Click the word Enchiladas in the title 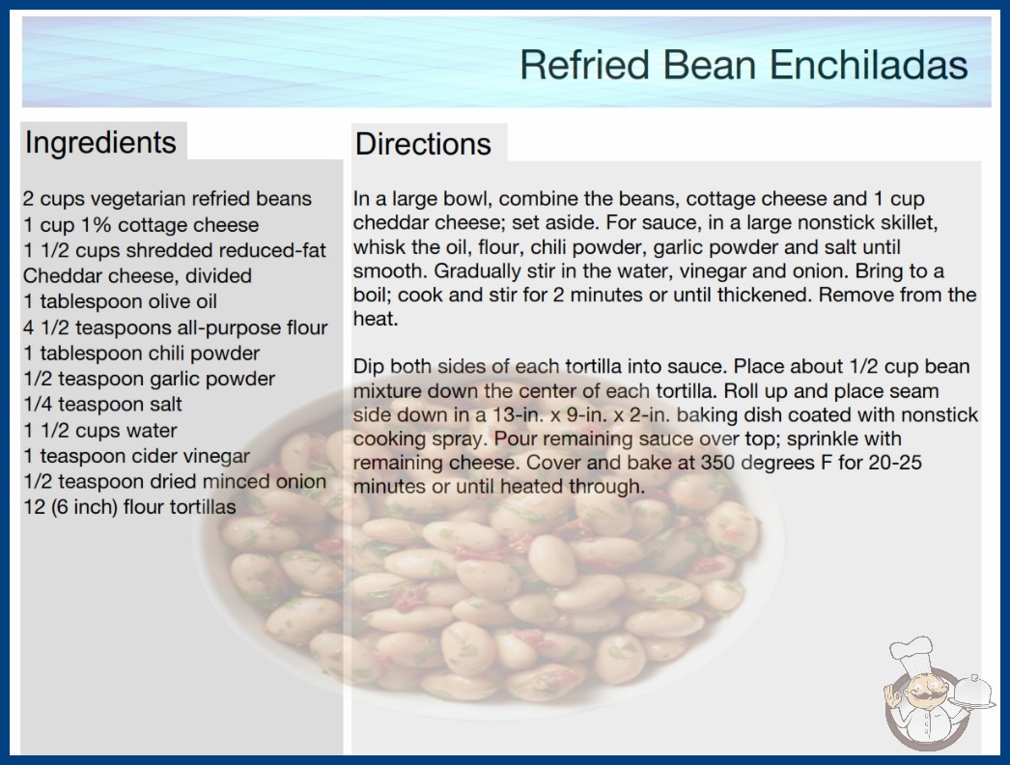pos(868,65)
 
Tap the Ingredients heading pos(100,142)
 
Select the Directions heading pos(423,144)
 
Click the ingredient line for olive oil pos(120,301)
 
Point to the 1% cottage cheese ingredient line pos(141,224)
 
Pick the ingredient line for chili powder pos(141,353)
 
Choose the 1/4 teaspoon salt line pos(102,404)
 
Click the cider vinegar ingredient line pos(136,456)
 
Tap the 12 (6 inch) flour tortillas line pos(129,506)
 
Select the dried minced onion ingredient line pos(175,481)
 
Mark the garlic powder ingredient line pos(149,379)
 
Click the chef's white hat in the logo pos(912,653)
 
